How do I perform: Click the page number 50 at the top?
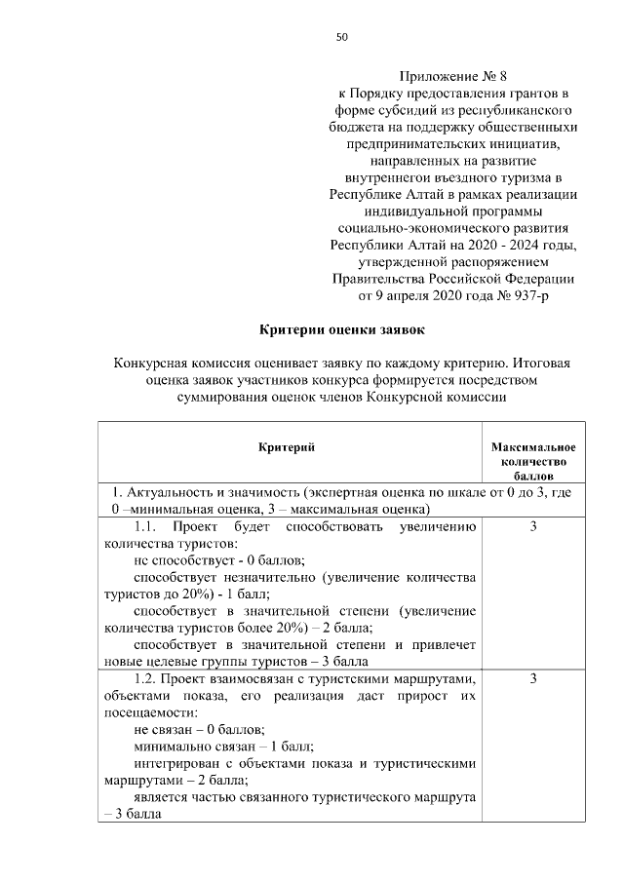(x=341, y=37)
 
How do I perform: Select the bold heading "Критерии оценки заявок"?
(x=341, y=330)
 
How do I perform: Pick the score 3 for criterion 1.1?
(x=533, y=527)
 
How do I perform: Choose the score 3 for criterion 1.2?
(x=533, y=678)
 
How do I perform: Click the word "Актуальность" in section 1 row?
(x=168, y=493)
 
